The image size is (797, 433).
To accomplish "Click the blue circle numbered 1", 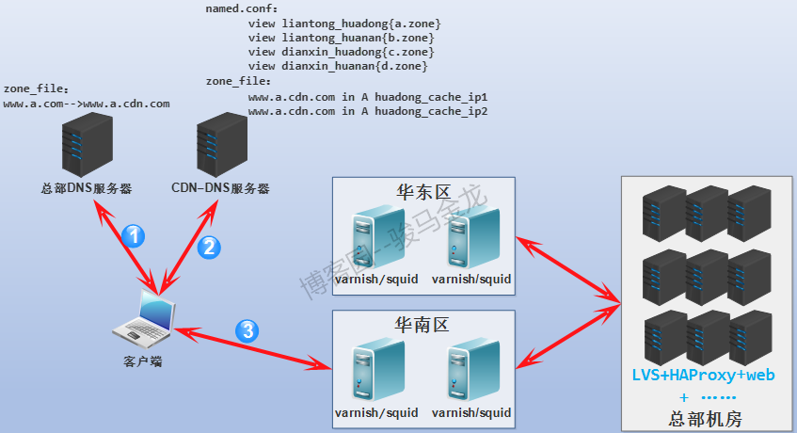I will pyautogui.click(x=134, y=235).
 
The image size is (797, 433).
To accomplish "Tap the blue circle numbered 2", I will pyautogui.click(x=210, y=247).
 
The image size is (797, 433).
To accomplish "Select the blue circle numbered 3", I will pyautogui.click(x=247, y=329).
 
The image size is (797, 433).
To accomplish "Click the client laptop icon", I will pyautogui.click(x=144, y=319).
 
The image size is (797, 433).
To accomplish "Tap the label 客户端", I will pyautogui.click(x=143, y=361).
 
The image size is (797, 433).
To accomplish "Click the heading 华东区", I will pyautogui.click(x=422, y=191).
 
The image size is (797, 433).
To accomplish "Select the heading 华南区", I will pyautogui.click(x=422, y=325).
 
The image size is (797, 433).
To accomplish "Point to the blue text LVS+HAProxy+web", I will pyautogui.click(x=705, y=375).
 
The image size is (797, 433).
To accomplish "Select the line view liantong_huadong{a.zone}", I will pyautogui.click(x=344, y=22).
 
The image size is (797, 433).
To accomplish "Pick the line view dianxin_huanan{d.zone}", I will pyautogui.click(x=338, y=67).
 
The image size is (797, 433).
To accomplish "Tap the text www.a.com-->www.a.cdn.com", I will pyautogui.click(x=87, y=104).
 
